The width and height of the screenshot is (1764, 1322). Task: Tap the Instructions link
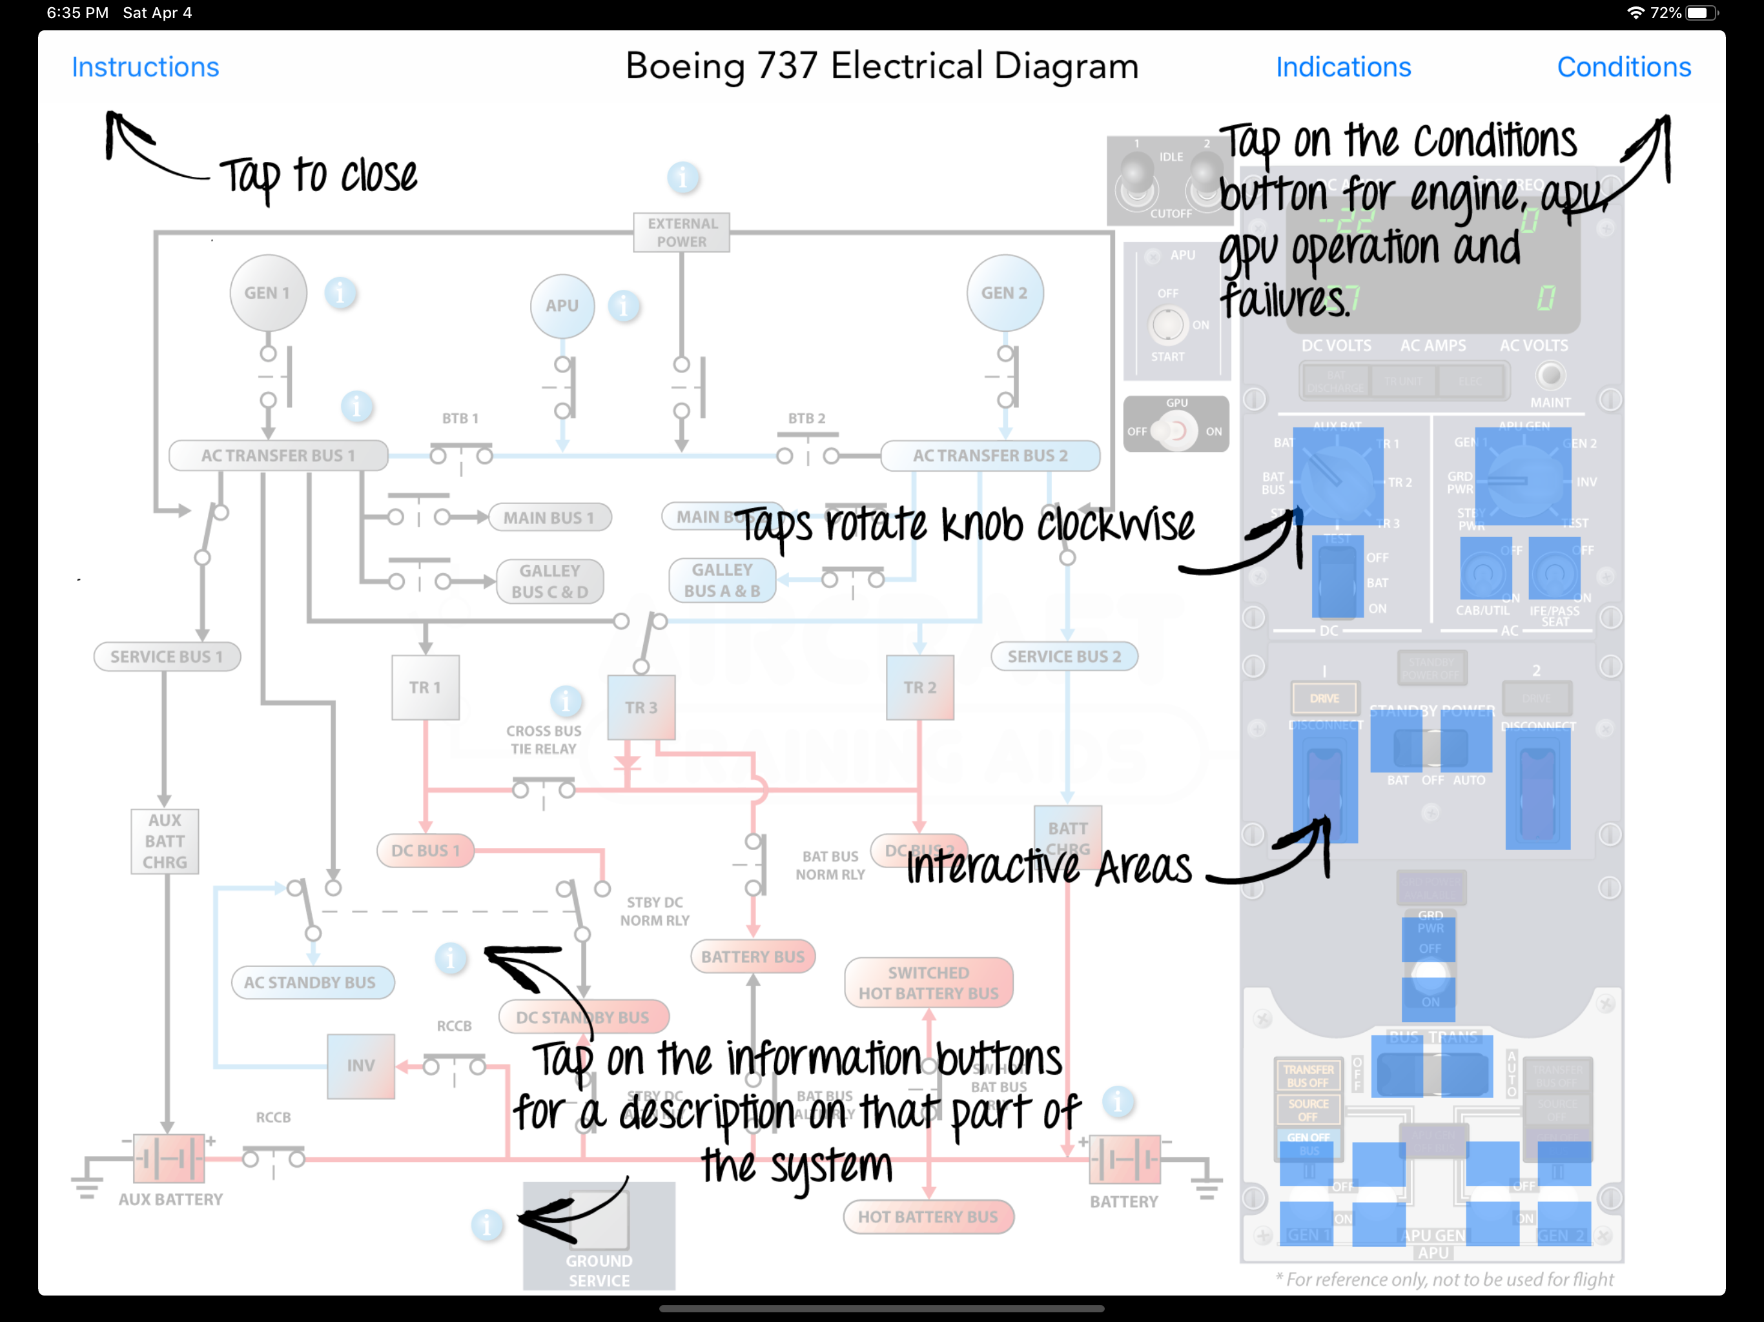(x=145, y=67)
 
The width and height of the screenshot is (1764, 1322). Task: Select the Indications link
(x=1343, y=67)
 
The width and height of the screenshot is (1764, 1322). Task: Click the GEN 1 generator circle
(x=268, y=292)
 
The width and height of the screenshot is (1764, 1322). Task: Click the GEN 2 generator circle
(x=1004, y=292)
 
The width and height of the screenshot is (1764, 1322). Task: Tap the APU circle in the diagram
(x=562, y=305)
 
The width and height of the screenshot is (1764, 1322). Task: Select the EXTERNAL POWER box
(x=682, y=232)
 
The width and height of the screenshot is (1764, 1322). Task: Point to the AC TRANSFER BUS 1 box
(x=278, y=455)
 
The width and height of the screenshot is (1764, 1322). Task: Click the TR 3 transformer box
(x=641, y=707)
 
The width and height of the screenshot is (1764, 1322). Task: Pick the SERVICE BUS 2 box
(x=1064, y=656)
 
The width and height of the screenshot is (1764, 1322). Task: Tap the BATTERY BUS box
(x=753, y=957)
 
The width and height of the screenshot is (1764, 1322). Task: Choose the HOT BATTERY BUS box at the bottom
(x=928, y=1217)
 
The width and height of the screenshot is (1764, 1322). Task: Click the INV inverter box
(x=360, y=1065)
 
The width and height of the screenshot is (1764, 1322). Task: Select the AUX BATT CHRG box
(x=165, y=841)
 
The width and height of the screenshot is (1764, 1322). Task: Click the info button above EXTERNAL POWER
(x=682, y=177)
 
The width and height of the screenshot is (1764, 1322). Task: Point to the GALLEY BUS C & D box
(x=549, y=581)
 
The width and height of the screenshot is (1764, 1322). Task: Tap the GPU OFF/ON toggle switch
(x=1176, y=431)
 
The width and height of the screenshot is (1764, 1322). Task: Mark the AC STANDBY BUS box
(x=310, y=982)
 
